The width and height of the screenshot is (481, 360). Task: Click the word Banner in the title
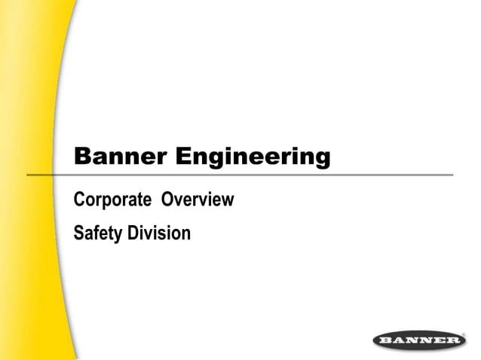121,157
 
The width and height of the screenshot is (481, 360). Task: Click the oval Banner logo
419,341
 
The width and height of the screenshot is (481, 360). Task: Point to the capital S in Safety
78,233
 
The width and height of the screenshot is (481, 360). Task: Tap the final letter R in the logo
453,341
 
